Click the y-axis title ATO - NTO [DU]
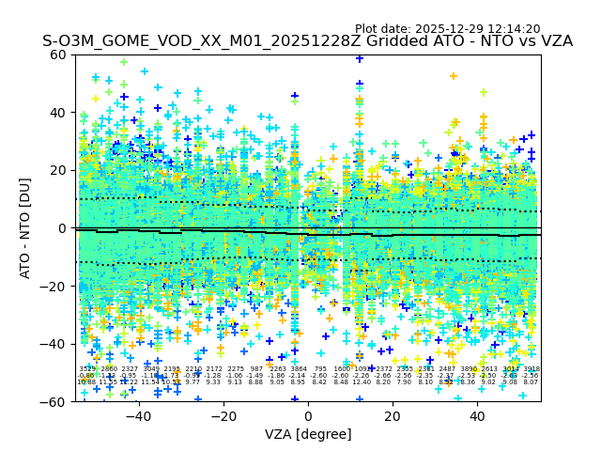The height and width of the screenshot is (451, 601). pyautogui.click(x=26, y=228)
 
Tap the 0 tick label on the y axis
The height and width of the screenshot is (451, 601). pyautogui.click(x=64, y=228)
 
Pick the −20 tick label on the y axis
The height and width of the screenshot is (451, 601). pyautogui.click(x=56, y=287)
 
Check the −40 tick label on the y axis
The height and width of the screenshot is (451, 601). pyautogui.click(x=56, y=344)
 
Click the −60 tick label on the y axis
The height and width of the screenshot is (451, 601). pyautogui.click(x=56, y=402)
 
